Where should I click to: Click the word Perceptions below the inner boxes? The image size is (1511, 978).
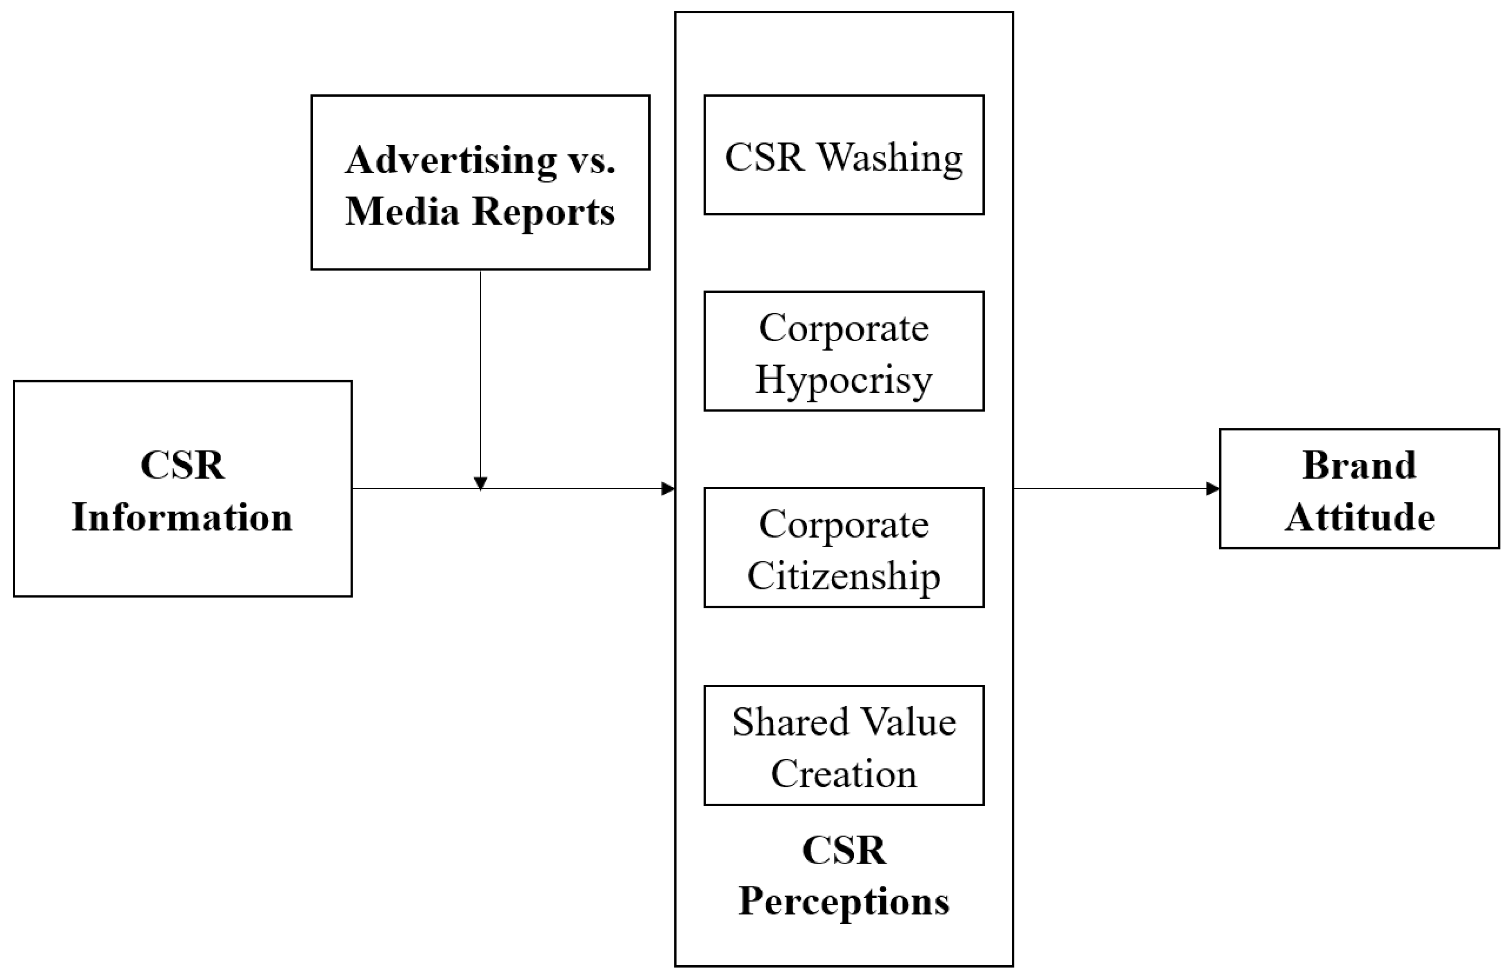click(x=843, y=901)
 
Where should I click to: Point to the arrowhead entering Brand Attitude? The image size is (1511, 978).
click(x=1212, y=489)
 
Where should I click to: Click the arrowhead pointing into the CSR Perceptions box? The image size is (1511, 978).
click(x=667, y=489)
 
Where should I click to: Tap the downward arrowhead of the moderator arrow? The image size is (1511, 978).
click(x=481, y=483)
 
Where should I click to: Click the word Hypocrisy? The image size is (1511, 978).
click(x=843, y=380)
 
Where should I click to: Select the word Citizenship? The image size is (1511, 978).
click(x=843, y=576)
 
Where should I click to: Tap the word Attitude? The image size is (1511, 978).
click(x=1359, y=517)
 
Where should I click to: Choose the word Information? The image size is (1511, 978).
click(x=182, y=517)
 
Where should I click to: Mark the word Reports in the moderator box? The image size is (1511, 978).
click(x=543, y=211)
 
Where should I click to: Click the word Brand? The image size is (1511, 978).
click(x=1359, y=465)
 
